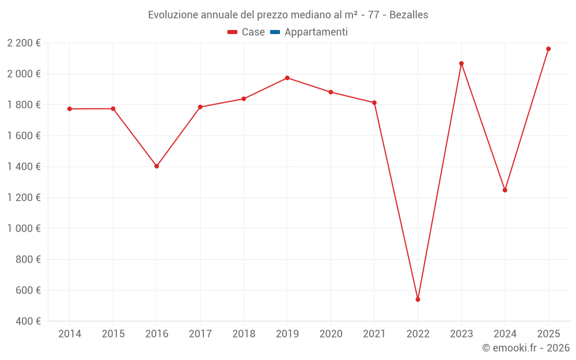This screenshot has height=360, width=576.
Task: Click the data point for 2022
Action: (x=418, y=300)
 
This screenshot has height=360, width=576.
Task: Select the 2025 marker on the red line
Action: (x=548, y=49)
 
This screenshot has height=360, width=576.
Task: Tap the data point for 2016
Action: (x=157, y=166)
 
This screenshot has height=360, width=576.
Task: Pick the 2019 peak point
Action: (x=287, y=78)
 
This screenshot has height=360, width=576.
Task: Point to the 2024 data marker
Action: (x=505, y=190)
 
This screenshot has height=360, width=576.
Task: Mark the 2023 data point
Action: (x=461, y=63)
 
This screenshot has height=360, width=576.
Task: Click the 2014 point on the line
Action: (x=70, y=109)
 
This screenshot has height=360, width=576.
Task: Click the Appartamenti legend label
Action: (x=316, y=32)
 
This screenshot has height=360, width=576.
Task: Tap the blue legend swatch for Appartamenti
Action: (x=275, y=32)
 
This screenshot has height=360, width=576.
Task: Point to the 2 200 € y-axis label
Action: (x=24, y=43)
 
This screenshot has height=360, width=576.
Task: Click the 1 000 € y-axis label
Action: (x=24, y=228)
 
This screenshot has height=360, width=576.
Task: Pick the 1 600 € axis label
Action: (x=24, y=136)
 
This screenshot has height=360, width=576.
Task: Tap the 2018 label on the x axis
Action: (x=244, y=334)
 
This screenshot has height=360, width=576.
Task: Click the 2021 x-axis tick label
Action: (x=374, y=334)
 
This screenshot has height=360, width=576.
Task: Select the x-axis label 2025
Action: (x=548, y=334)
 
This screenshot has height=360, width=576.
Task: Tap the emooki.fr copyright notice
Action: (x=525, y=348)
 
